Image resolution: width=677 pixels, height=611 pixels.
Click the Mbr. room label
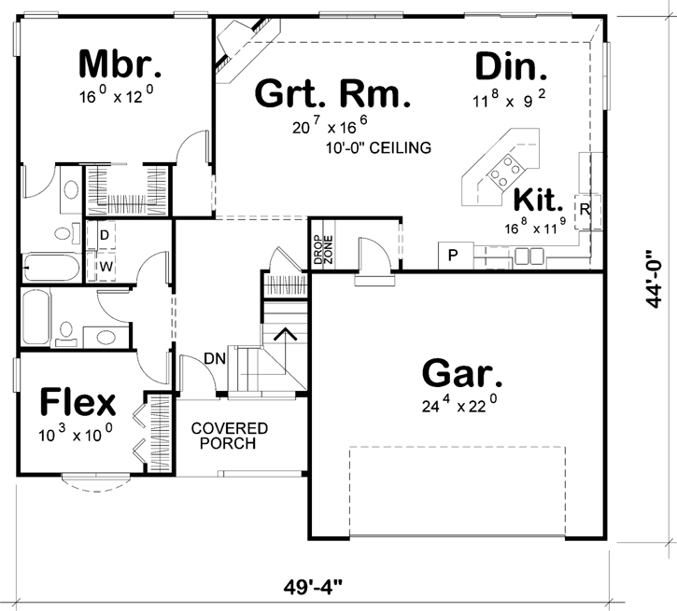(120, 64)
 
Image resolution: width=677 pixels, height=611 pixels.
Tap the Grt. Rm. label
(331, 94)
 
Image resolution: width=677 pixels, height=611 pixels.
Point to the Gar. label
(462, 373)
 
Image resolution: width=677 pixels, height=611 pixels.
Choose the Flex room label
(78, 403)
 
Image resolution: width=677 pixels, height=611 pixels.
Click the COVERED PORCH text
(230, 436)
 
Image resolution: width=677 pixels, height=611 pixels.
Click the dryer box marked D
(105, 235)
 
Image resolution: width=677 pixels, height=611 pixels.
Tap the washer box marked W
(105, 266)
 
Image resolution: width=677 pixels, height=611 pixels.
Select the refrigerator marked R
(585, 209)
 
